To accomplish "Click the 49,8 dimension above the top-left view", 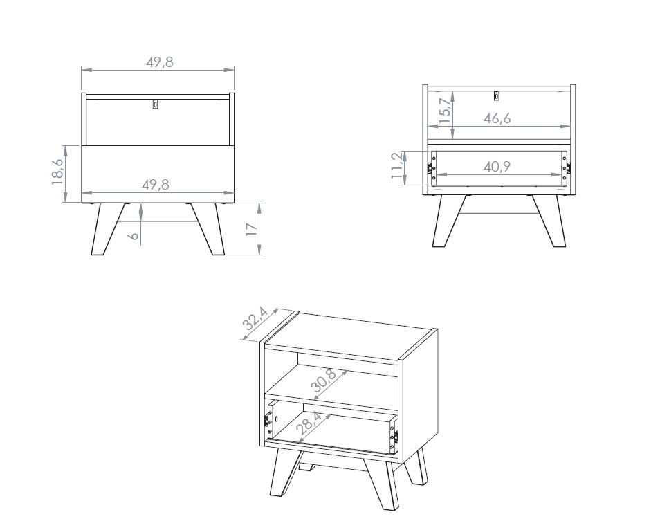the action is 160,62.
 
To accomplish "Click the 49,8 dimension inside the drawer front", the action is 156,184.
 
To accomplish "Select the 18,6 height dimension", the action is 57,172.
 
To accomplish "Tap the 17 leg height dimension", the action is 251,229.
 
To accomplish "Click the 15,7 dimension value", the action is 444,110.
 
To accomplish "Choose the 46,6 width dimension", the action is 497,118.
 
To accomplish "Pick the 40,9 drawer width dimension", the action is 497,167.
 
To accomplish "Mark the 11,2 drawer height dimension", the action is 397,166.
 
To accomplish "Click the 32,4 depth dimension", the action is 255,318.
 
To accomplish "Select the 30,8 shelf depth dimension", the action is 324,381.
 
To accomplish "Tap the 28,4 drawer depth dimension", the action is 309,423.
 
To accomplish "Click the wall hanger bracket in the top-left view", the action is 156,104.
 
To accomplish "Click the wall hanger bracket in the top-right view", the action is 497,95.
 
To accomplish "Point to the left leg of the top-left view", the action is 107,229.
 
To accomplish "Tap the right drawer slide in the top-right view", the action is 568,168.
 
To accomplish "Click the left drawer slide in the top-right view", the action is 430,168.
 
